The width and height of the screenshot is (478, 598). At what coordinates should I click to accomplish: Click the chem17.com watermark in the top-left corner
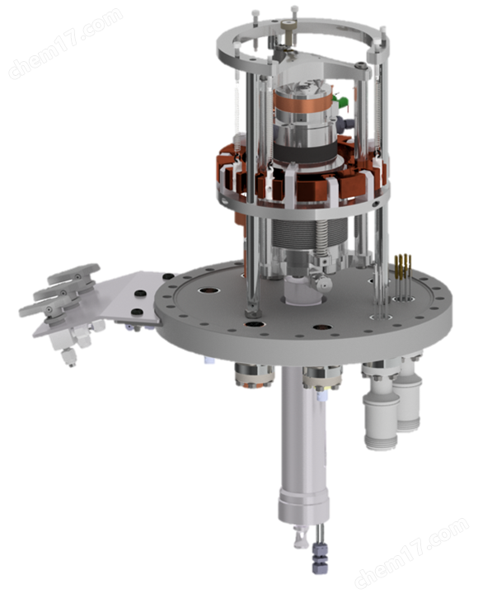pos(65,43)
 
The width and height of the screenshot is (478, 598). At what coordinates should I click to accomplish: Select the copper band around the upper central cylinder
pos(304,102)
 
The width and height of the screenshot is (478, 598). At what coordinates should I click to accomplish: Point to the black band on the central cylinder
pos(306,153)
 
